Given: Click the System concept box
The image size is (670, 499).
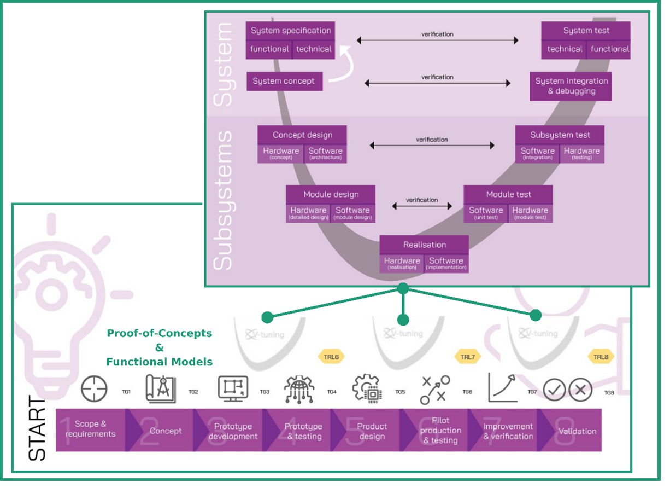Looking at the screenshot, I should pyautogui.click(x=284, y=81).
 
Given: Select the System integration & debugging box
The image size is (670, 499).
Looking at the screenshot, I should pyautogui.click(x=571, y=86).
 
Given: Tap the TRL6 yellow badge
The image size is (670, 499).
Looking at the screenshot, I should pyautogui.click(x=331, y=357).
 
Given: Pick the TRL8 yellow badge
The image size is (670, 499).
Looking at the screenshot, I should pyautogui.click(x=601, y=357).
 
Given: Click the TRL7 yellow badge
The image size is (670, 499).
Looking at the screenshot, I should pyautogui.click(x=468, y=357).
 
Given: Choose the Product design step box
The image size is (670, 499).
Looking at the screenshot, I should pyautogui.click(x=372, y=431).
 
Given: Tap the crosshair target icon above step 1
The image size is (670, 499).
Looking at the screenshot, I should pyautogui.click(x=94, y=390).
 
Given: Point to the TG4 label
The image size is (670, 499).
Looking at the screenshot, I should pyautogui.click(x=332, y=392).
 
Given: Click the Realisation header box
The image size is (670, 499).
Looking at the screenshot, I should pyautogui.click(x=424, y=245).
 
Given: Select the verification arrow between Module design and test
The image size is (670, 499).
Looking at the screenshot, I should pyautogui.click(x=422, y=206).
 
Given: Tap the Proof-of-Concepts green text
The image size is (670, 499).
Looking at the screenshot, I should pyautogui.click(x=159, y=333).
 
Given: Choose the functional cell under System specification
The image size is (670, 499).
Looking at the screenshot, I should pyautogui.click(x=269, y=49).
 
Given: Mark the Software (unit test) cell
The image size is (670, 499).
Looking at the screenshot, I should pyautogui.click(x=485, y=213).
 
